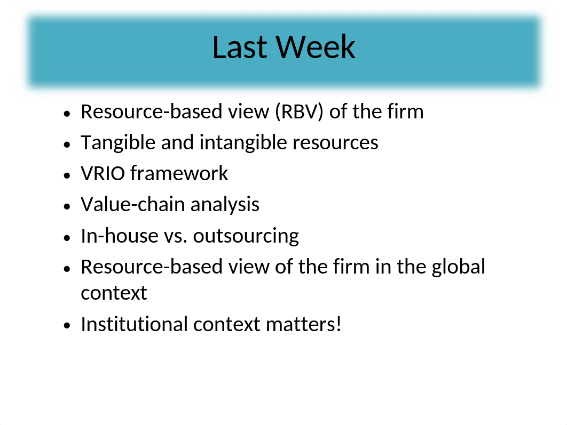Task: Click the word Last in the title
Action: pyautogui.click(x=240, y=47)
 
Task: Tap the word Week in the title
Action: pyautogui.click(x=316, y=47)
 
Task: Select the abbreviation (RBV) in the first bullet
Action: pyautogui.click(x=299, y=111)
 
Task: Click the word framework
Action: pyautogui.click(x=179, y=173)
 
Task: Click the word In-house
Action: pyautogui.click(x=120, y=236)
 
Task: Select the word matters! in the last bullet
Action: pyautogui.click(x=303, y=324)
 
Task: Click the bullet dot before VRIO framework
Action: pyautogui.click(x=67, y=175)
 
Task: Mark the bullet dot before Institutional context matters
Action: pyautogui.click(x=67, y=326)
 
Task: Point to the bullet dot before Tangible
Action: pyautogui.click(x=67, y=145)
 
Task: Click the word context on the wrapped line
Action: pyautogui.click(x=114, y=293)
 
